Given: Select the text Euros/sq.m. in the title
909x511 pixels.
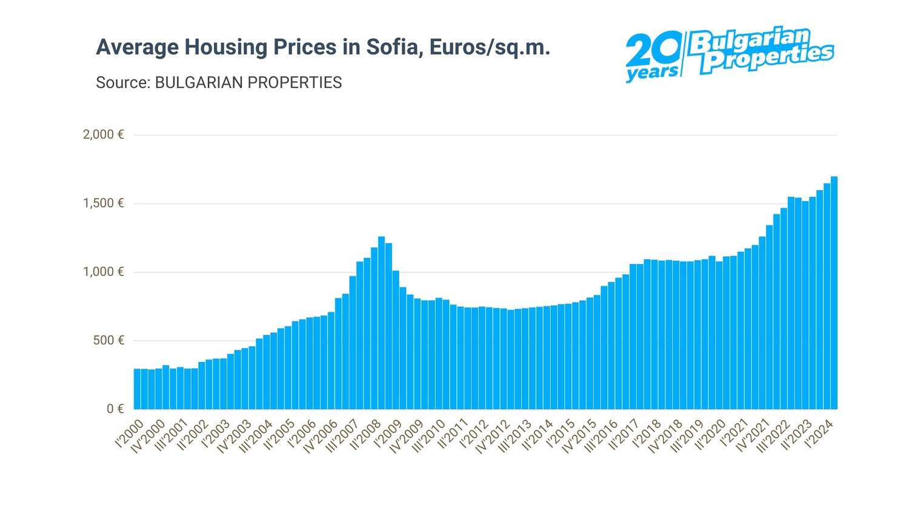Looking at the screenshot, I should point(490,47).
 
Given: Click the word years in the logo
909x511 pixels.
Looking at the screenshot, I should point(652,73).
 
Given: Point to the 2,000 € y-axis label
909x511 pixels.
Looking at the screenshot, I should point(103,134).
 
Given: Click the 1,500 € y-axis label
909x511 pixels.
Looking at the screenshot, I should point(103,203).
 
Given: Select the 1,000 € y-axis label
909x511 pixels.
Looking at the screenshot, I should point(103,272).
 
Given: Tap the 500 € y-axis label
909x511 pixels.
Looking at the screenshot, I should point(108,340).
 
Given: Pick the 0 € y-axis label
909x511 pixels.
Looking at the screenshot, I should point(115,409).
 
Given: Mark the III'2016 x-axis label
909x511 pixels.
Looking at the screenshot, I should point(602,437).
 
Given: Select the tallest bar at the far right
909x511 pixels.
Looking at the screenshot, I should point(834,293).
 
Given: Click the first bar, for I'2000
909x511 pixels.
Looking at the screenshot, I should point(137,389).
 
